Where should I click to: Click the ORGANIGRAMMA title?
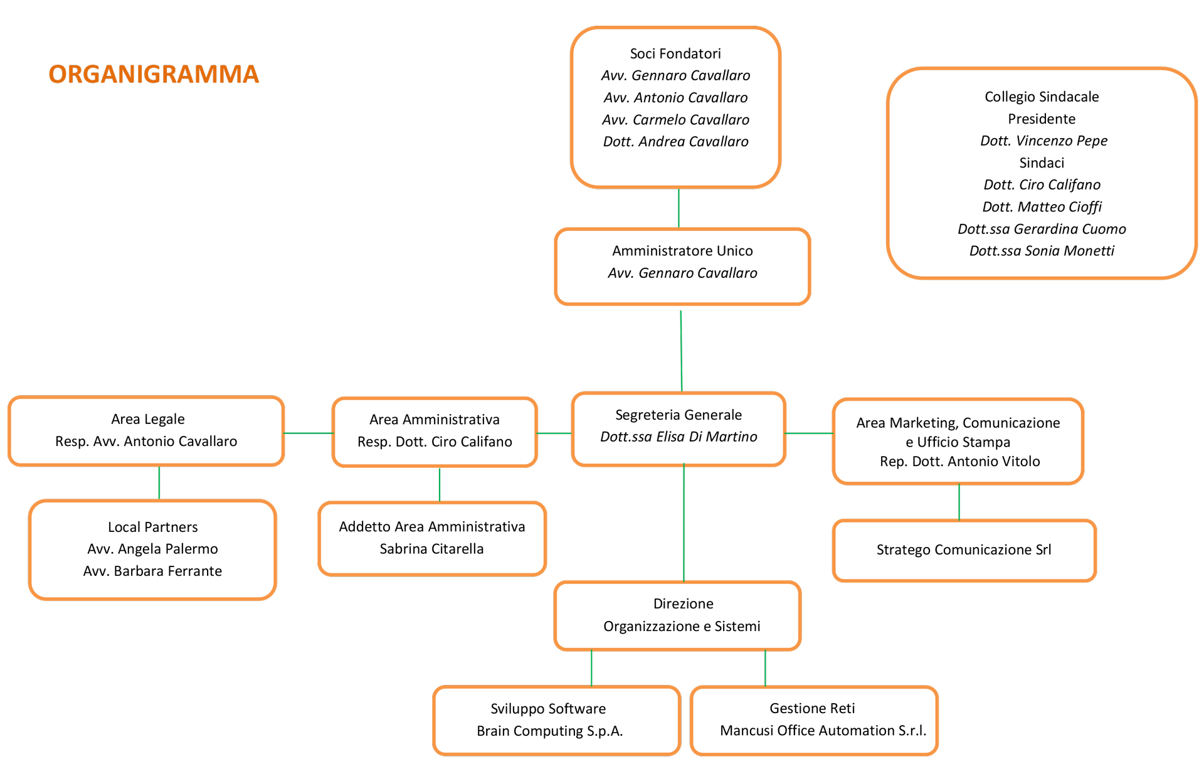154,74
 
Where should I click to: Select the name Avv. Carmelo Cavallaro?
675,120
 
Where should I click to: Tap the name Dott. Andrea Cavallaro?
675,142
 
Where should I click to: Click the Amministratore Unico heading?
682,251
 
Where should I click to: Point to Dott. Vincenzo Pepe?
1043,141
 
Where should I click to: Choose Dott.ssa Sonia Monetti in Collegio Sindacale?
1042,251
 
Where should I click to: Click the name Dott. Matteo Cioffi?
1042,207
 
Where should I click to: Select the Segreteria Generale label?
679,415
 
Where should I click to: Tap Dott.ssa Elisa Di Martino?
679,437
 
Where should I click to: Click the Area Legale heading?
148,419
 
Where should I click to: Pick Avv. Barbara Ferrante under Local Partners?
152,571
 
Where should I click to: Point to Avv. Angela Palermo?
152,549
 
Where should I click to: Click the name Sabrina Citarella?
431,549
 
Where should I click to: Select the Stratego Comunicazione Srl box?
964,551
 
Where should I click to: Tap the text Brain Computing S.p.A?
549,731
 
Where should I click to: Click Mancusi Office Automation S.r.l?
823,731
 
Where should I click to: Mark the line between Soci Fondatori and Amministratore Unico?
679,208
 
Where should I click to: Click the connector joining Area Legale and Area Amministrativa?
309,433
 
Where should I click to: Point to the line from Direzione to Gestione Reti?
765,669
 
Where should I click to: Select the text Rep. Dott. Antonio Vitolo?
959,462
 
